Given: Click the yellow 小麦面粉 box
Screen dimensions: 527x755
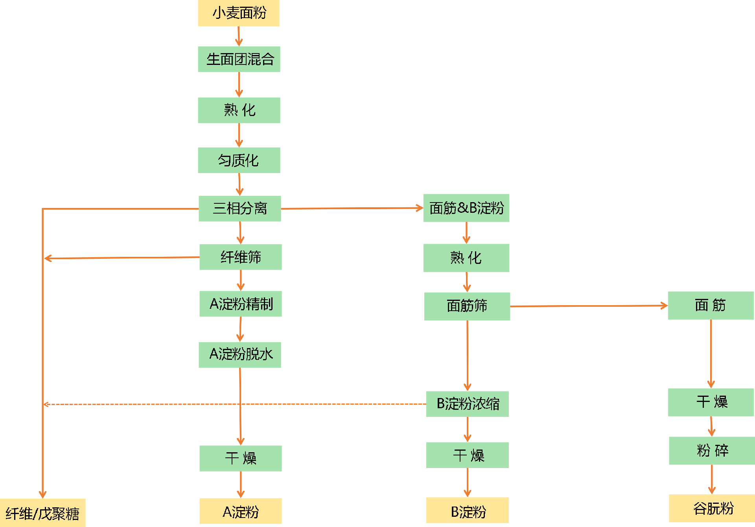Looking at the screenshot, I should click(239, 13).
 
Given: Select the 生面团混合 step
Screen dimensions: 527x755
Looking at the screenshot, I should click(239, 59).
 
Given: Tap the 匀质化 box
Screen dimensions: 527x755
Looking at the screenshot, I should click(239, 160).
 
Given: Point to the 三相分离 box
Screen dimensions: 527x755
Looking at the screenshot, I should click(240, 208).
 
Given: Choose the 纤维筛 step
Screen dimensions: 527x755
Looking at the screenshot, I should click(241, 257).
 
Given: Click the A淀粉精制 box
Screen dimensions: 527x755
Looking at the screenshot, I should click(241, 304).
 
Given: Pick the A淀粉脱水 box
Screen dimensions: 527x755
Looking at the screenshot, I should click(240, 355).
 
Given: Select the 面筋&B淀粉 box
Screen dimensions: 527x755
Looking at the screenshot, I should click(466, 208).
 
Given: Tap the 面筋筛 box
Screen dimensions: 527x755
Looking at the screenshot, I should click(467, 306).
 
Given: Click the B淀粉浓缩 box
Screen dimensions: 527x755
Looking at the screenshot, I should click(468, 404).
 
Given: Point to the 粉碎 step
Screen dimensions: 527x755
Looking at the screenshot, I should click(712, 450).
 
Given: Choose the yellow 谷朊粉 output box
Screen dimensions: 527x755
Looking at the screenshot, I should click(712, 508).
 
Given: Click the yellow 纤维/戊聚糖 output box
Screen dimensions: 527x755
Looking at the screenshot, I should click(42, 513).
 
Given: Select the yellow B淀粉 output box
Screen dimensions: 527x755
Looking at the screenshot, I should click(468, 510).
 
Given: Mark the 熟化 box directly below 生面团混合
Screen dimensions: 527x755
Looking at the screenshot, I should click(239, 110).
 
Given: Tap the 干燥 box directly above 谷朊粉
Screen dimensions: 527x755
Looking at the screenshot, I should click(711, 402).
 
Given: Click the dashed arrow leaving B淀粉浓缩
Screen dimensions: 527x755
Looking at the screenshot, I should click(236, 404).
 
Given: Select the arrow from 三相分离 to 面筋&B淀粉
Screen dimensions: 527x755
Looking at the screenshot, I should click(352, 208).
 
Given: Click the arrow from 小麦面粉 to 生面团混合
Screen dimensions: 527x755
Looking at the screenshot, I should click(239, 36).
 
